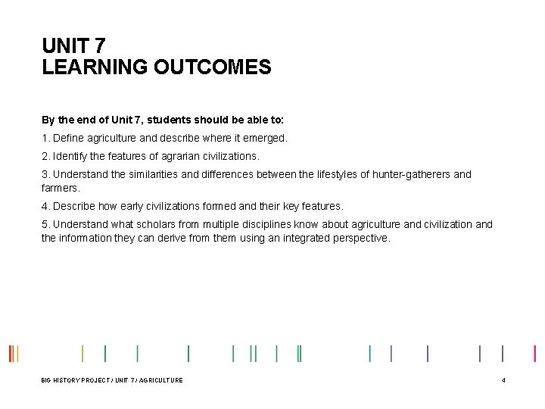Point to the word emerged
(266, 139)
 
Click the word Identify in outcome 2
(73, 156)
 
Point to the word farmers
(59, 187)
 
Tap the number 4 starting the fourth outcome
(45, 206)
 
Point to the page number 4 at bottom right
(503, 380)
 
